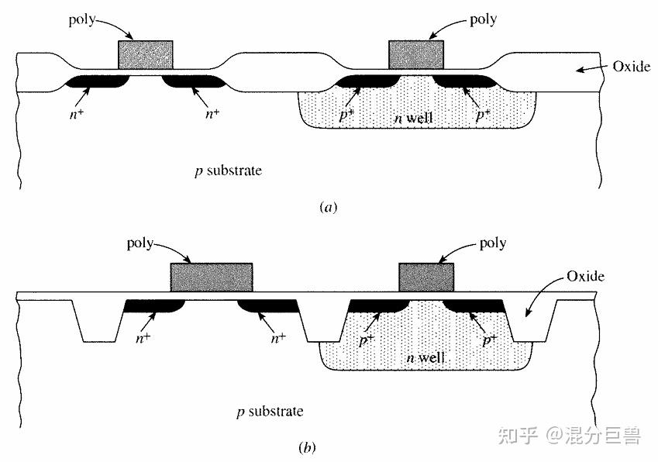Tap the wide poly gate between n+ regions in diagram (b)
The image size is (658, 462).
[211, 278]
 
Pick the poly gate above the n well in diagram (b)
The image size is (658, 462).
[425, 277]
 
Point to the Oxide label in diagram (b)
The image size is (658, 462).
[585, 276]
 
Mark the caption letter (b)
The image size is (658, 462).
[307, 447]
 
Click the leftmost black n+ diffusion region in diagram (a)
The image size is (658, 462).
[95, 81]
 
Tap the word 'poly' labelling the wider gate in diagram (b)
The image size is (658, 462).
[143, 243]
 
